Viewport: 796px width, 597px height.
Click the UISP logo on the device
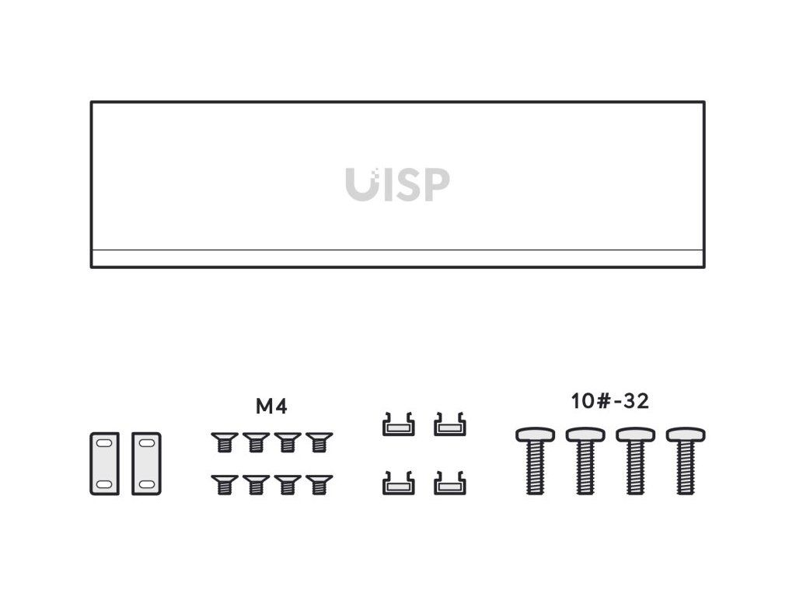(397, 185)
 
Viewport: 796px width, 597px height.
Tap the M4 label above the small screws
(271, 406)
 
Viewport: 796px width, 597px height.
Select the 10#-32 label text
(609, 402)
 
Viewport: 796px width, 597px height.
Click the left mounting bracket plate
(104, 463)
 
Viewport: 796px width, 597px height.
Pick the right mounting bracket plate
(145, 463)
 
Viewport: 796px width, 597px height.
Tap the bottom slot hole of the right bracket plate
(145, 484)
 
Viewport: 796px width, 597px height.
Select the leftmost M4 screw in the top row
(224, 442)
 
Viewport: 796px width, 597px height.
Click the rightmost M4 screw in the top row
(318, 442)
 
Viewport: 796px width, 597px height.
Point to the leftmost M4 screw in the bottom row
(224, 485)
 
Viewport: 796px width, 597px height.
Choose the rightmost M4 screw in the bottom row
(318, 485)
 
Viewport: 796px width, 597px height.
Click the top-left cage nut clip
(398, 424)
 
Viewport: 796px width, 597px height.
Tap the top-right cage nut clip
(449, 424)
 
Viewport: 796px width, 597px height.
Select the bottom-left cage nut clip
(398, 484)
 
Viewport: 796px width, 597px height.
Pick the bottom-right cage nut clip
(449, 484)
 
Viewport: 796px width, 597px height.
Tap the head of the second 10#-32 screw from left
(585, 434)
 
